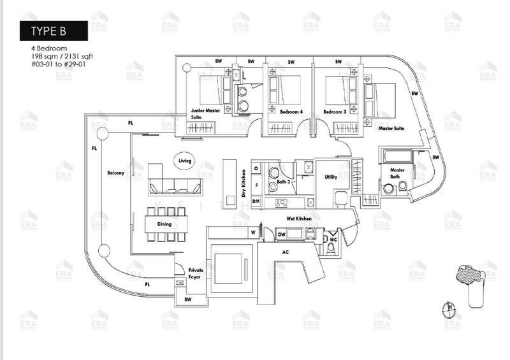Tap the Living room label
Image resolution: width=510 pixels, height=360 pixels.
tap(185, 161)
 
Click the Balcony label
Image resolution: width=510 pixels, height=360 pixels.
tap(115, 173)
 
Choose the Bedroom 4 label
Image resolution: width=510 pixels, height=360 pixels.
tap(290, 112)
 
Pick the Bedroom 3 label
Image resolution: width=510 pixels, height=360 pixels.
tap(334, 112)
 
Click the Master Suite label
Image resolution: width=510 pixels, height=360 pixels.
tap(391, 128)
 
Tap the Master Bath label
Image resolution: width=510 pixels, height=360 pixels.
tap(398, 173)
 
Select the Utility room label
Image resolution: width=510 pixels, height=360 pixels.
tap(330, 178)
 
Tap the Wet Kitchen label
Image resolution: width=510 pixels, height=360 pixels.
tap(298, 219)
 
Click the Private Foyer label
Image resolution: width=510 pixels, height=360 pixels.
tap(196, 275)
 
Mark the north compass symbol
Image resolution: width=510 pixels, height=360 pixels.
tap(448, 309)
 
